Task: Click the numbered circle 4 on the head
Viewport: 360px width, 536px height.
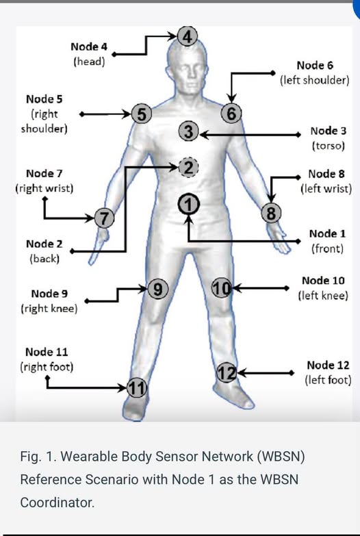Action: coord(188,36)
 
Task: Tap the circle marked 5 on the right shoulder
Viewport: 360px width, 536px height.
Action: coord(142,114)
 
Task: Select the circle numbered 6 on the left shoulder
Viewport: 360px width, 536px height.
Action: coord(231,113)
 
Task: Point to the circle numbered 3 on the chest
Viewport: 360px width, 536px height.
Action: coord(189,131)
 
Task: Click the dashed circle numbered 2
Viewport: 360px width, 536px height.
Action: coord(188,167)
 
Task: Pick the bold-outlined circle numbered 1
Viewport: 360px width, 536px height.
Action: coord(189,204)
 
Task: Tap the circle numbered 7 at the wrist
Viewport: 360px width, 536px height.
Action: coord(104,218)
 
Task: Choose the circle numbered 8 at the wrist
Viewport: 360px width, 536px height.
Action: coord(271,213)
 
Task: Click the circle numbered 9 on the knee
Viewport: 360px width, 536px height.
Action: coord(157,289)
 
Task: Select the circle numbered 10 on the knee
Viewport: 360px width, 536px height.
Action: coord(222,288)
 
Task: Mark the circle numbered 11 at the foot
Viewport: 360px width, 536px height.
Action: coord(137,387)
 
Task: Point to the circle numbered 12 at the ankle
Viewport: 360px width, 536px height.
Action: coord(227,372)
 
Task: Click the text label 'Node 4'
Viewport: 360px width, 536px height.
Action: coord(89,47)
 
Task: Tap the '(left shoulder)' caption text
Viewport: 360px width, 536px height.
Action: coord(315,80)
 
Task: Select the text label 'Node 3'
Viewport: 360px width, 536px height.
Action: coord(329,131)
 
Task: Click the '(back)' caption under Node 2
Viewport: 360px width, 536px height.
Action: coord(44,259)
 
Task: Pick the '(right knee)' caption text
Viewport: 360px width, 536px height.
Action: coord(49,309)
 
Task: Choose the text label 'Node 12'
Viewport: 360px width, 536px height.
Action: coord(328,365)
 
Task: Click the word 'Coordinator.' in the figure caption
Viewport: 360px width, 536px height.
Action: coord(57,502)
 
